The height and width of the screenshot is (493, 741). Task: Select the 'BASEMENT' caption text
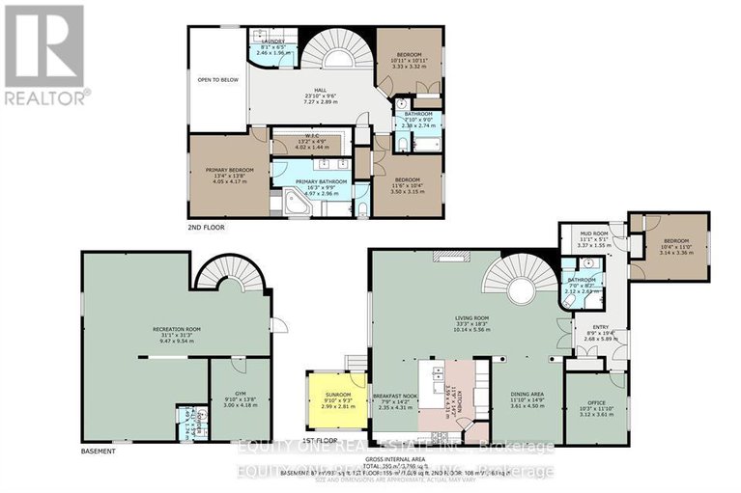tap(99, 452)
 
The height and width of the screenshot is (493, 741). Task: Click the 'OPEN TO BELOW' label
tap(216, 80)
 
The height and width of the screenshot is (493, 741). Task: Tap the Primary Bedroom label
tap(229, 174)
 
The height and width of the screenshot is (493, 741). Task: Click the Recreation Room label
tap(175, 335)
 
